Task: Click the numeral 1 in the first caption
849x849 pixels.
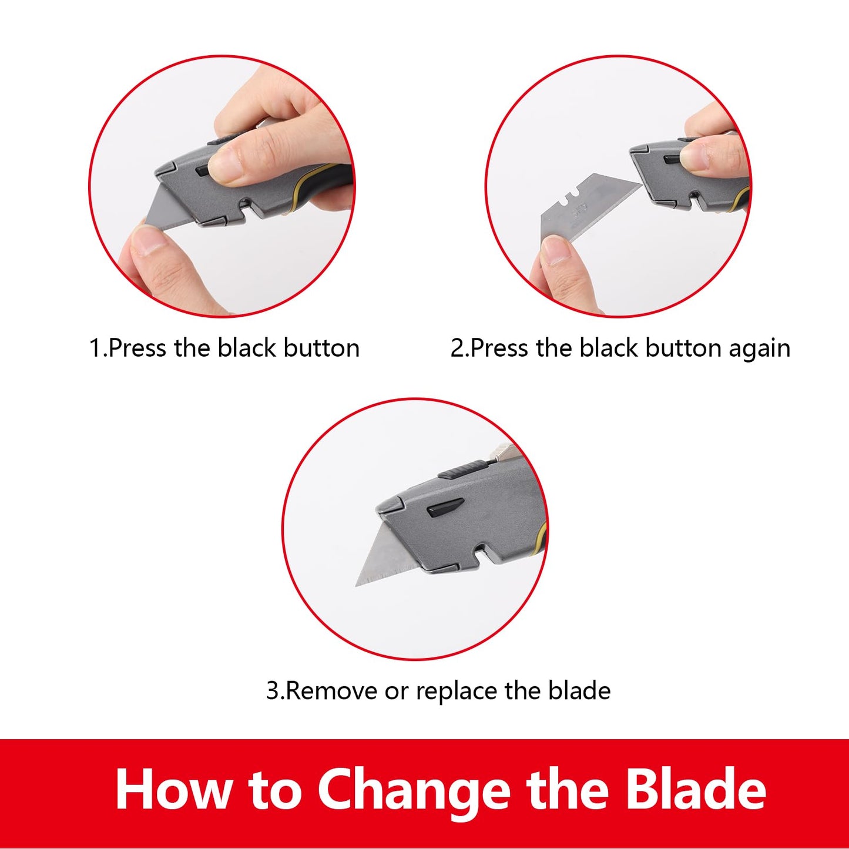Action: tap(95, 348)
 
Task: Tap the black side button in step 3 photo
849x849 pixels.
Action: tap(444, 508)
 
